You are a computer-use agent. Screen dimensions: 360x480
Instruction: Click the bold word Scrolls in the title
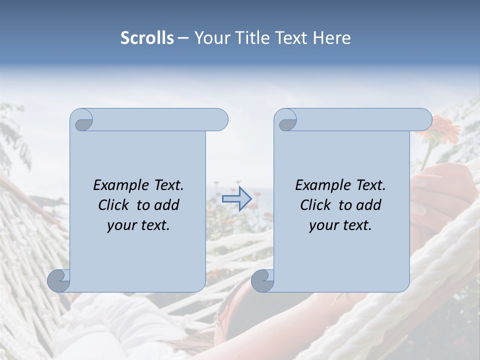[x=147, y=38]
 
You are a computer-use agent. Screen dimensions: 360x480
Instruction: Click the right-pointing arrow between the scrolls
[x=236, y=199]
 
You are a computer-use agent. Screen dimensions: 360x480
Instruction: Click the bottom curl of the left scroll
[x=58, y=280]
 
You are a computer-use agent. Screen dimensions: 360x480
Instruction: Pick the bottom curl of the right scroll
[x=262, y=280]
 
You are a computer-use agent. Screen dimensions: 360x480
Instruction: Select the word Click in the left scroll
[x=114, y=205]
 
